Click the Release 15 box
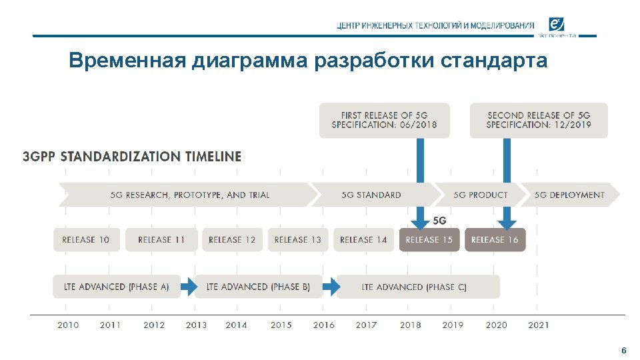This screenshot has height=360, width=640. tap(429, 240)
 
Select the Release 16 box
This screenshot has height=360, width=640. tap(495, 240)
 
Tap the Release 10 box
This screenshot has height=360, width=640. tap(86, 240)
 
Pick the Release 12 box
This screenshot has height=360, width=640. tap(232, 240)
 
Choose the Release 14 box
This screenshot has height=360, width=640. tap(363, 240)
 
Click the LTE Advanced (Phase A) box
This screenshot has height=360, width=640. tap(117, 287)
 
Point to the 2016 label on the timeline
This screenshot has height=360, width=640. tap(324, 325)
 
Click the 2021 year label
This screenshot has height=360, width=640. tap(539, 325)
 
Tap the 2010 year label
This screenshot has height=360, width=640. tap(68, 325)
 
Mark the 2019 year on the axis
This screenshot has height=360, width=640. tap(453, 325)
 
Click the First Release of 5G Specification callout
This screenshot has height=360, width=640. tap(384, 120)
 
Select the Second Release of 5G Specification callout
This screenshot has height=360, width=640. tap(539, 120)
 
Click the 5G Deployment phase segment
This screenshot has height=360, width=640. tap(569, 195)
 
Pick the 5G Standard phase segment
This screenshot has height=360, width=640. tap(371, 195)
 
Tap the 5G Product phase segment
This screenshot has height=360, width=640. tap(480, 195)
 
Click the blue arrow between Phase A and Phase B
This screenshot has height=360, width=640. tap(189, 287)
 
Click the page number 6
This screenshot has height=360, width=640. tap(623, 351)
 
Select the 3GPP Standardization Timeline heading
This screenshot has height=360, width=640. tap(132, 157)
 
